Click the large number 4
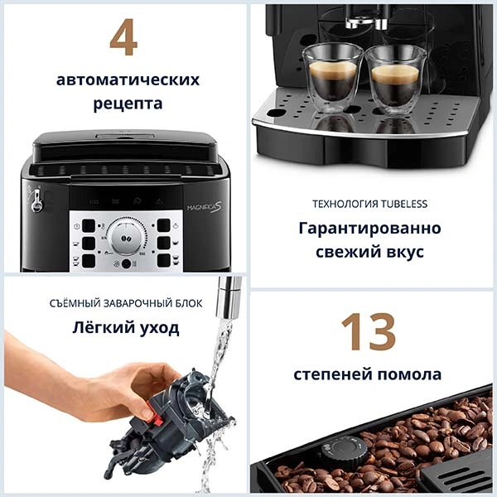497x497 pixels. [x=123, y=39]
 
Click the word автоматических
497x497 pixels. [x=128, y=80]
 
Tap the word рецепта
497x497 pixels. [x=128, y=104]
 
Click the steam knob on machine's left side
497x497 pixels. [x=36, y=200]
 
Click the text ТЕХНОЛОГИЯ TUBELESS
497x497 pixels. [x=369, y=204]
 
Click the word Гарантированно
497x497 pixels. [x=369, y=228]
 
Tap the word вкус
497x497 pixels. [x=408, y=251]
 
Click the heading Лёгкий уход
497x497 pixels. [x=125, y=327]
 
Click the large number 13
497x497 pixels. [x=369, y=333]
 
